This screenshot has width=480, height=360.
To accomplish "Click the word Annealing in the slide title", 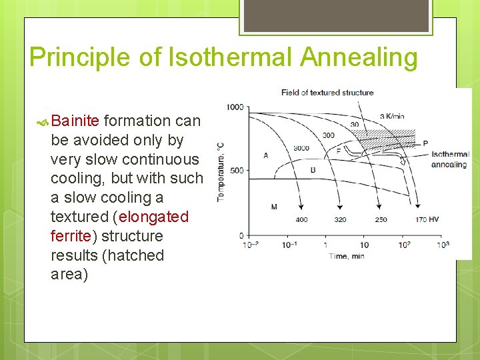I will (x=359, y=57).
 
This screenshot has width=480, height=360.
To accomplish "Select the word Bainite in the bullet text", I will (x=75, y=121).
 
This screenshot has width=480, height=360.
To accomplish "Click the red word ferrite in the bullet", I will (x=70, y=236).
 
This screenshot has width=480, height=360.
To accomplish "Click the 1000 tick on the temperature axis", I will (x=235, y=107).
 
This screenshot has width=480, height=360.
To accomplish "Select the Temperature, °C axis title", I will (x=219, y=171).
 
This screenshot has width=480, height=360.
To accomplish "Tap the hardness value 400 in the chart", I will (x=301, y=219).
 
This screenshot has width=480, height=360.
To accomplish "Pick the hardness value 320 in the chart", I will (x=340, y=219).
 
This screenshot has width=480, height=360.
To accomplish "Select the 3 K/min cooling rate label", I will (x=392, y=117).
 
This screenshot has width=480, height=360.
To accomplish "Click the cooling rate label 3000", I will (x=301, y=148).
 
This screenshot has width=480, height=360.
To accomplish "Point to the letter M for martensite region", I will (x=274, y=207).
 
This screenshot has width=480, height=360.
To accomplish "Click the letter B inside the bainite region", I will (x=313, y=170).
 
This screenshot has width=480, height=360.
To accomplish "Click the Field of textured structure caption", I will (x=327, y=93).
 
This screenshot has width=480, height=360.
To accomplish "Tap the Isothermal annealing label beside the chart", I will (x=450, y=159).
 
